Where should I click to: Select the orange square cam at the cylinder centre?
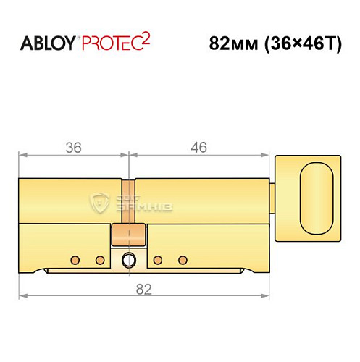click(129, 235)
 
